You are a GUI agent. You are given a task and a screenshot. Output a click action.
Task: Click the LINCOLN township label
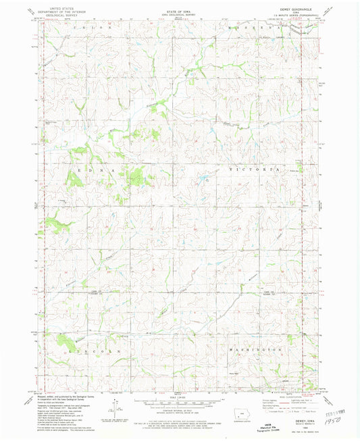81,351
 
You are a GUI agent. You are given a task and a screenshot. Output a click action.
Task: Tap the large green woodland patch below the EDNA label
135,177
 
